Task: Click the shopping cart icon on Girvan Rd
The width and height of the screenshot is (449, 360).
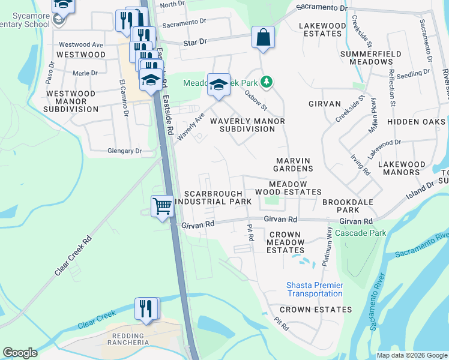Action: coord(163,206)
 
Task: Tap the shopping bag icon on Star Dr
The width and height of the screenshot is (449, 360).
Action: coord(263,37)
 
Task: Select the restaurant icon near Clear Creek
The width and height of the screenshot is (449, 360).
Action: coord(146,308)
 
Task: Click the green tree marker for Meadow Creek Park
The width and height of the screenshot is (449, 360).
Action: coord(270,82)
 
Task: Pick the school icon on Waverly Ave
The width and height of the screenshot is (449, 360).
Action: coord(218,84)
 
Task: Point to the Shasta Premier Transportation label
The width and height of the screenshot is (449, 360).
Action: coord(315,289)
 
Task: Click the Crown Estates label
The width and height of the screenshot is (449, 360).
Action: coord(316,310)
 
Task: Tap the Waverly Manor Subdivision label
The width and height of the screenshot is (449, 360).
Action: coord(247,125)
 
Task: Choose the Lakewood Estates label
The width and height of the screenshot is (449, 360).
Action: coord(323,30)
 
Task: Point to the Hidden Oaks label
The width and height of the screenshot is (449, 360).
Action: coord(416,122)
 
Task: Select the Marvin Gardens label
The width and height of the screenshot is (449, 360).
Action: coord(294,164)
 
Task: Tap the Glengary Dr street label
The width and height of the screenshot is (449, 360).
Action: coord(124,151)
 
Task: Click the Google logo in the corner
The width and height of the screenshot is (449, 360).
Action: coord(20,353)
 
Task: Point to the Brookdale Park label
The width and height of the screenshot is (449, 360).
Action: coord(348,207)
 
